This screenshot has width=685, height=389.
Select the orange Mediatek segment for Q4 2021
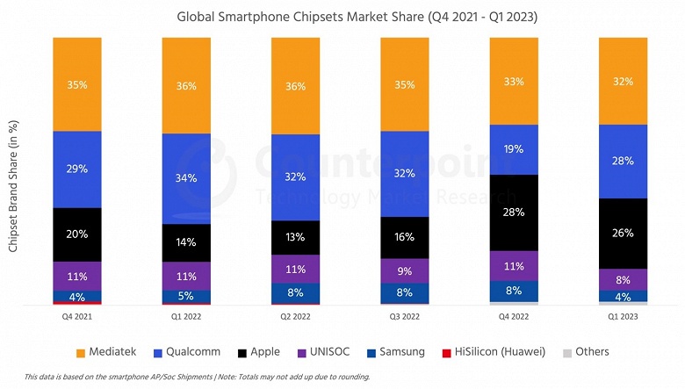(x=77, y=84)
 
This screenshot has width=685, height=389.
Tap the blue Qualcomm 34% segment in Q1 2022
(x=186, y=178)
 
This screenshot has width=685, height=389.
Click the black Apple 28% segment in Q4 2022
(x=514, y=213)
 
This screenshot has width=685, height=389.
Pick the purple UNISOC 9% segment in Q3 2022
(x=405, y=270)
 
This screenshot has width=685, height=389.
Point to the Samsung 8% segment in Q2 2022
(x=295, y=293)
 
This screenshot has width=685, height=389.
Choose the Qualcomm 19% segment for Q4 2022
(x=514, y=149)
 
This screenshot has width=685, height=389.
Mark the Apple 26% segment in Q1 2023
(x=623, y=233)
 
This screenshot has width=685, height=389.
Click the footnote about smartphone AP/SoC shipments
(x=198, y=377)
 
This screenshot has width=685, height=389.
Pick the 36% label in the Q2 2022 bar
(x=295, y=86)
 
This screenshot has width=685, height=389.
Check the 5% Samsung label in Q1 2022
(x=186, y=296)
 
